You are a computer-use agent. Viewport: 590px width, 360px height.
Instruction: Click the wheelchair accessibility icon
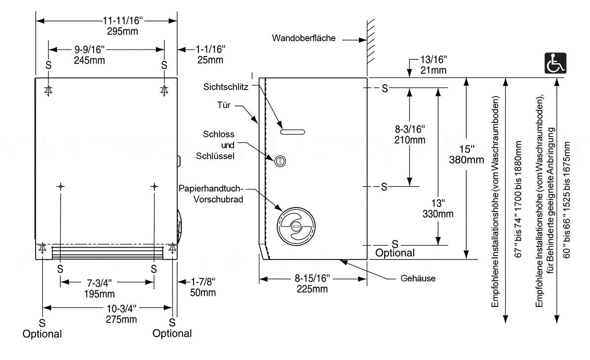tap(555, 63)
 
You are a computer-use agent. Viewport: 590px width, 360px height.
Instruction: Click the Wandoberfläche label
tap(304, 38)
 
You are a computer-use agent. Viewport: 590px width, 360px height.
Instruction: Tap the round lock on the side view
tap(280, 160)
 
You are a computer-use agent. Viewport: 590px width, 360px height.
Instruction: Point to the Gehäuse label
tap(418, 278)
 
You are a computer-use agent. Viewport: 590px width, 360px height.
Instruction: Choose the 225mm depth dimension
tap(312, 289)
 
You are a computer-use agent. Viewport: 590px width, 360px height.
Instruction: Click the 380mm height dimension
tap(466, 159)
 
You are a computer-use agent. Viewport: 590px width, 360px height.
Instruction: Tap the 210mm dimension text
tap(410, 140)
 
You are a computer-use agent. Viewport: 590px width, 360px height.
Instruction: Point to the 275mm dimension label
tap(121, 319)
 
